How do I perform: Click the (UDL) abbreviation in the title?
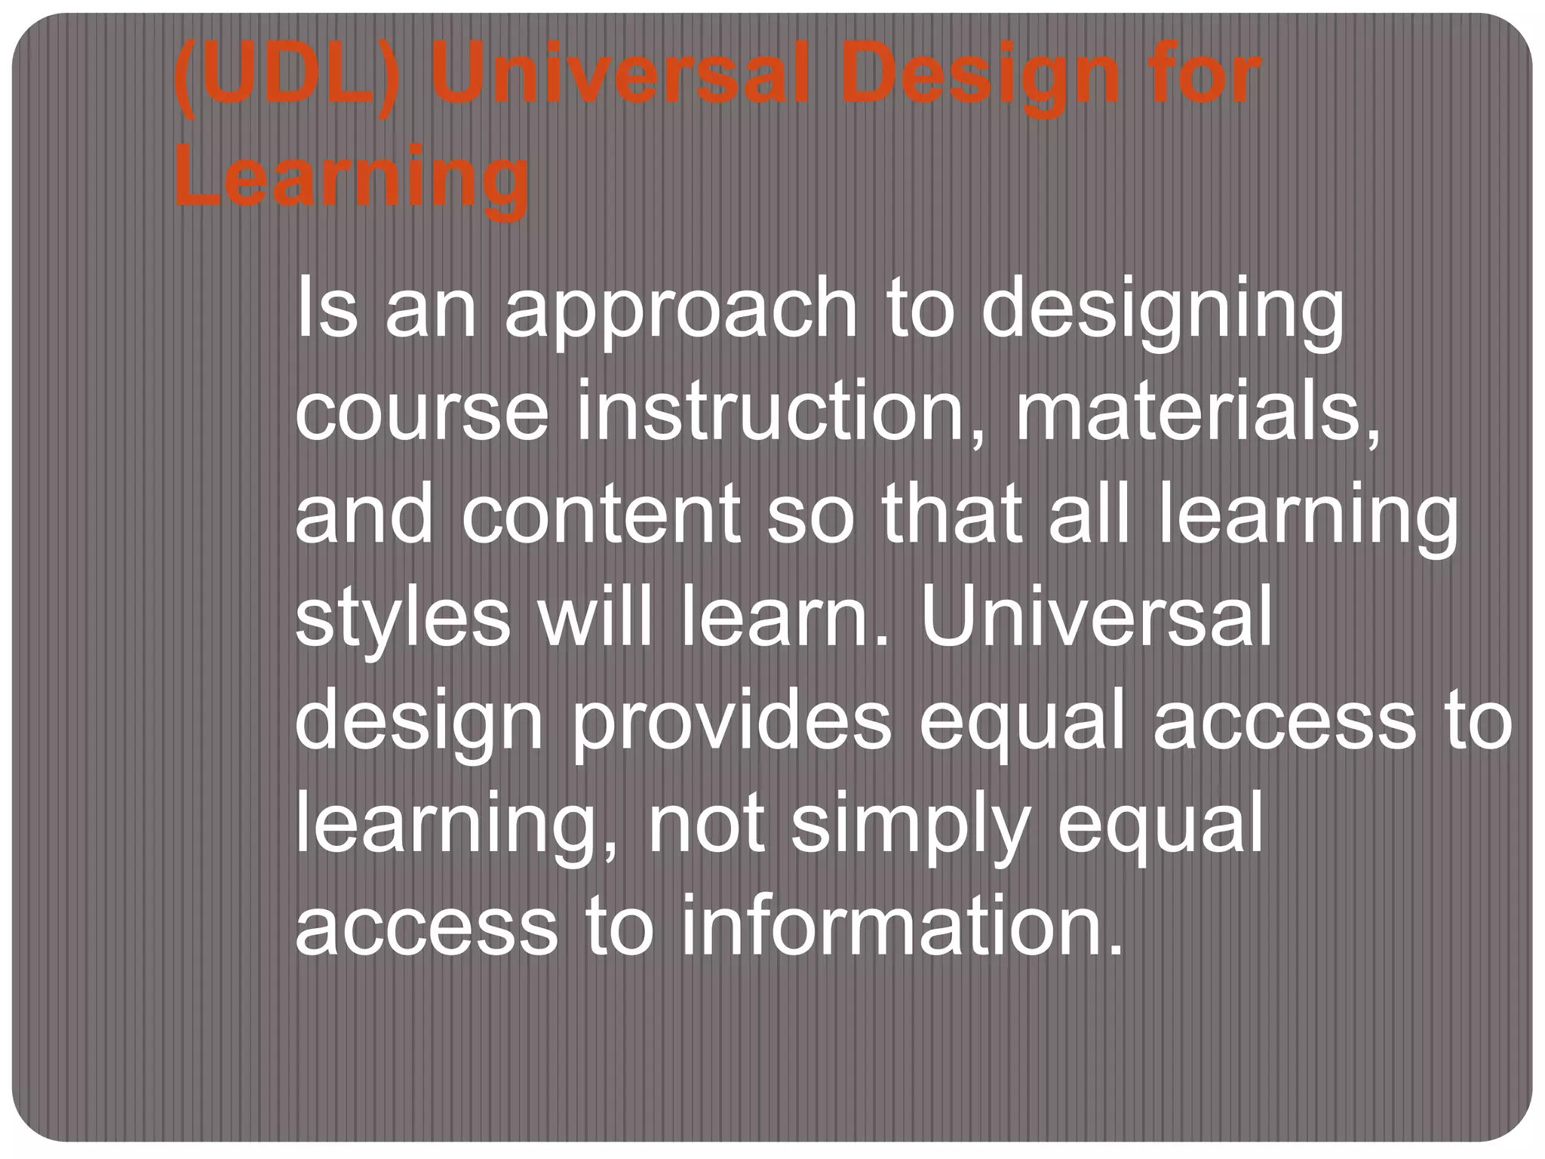(x=284, y=75)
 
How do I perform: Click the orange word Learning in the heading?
(x=352, y=180)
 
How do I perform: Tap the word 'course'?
(x=422, y=412)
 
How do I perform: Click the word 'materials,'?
(x=1199, y=412)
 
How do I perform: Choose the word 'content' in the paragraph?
(x=600, y=515)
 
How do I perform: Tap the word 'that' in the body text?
(x=951, y=515)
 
